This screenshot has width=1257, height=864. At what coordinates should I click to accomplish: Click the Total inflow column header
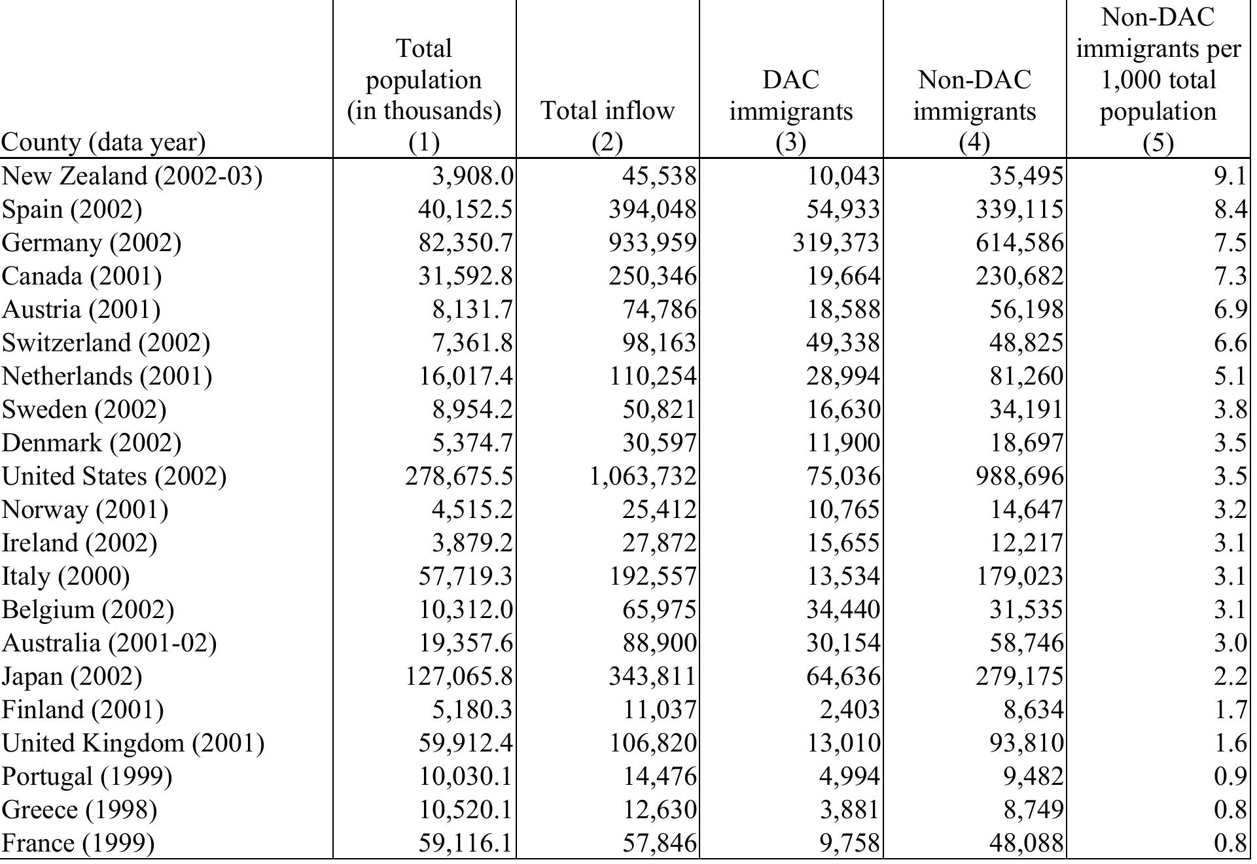click(607, 110)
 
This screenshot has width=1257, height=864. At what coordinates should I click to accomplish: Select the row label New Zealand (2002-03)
click(132, 176)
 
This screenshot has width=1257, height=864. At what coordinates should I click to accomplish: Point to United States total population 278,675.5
click(459, 476)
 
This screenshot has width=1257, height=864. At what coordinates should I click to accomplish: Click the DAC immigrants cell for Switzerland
click(843, 343)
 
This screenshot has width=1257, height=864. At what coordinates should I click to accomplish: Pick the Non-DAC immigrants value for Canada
click(1019, 276)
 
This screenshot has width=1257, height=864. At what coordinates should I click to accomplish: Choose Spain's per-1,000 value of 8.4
click(1230, 209)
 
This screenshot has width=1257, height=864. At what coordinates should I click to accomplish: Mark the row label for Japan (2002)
click(72, 676)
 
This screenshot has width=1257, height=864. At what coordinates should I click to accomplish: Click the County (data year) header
click(103, 142)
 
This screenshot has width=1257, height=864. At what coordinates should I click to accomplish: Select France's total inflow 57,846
click(660, 843)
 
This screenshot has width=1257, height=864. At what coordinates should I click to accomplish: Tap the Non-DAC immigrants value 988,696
click(1019, 476)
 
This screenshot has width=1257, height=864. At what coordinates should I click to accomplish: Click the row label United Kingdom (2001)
click(133, 743)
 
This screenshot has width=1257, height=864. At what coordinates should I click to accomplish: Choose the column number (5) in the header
click(1158, 143)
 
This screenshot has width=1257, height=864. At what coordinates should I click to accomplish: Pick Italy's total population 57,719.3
click(465, 576)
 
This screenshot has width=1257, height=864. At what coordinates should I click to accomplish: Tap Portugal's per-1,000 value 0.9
click(1230, 776)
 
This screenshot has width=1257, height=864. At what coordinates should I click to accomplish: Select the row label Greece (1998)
click(79, 810)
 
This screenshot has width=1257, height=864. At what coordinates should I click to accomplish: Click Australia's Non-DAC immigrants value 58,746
click(1026, 643)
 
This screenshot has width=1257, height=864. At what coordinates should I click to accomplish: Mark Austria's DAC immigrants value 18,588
click(843, 309)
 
